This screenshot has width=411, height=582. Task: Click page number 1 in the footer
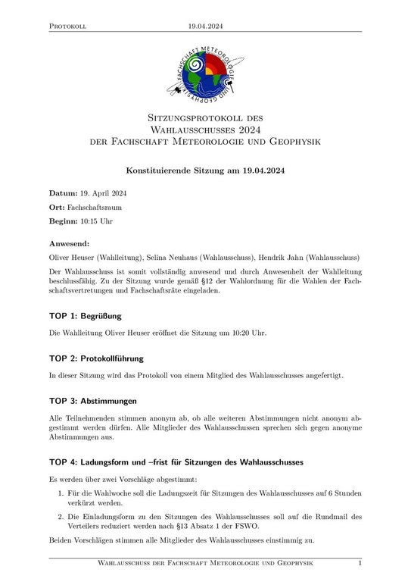[360, 565]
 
